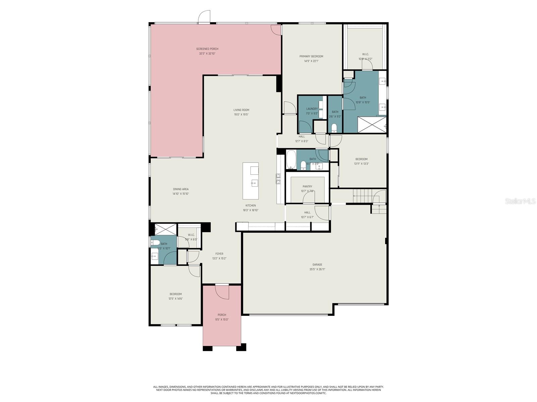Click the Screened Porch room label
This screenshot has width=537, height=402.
pyautogui.click(x=207, y=49)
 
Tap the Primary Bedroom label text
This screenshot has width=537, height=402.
pyautogui.click(x=311, y=56)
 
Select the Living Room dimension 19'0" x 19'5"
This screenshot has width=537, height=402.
pyautogui.click(x=241, y=115)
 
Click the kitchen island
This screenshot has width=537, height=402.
pyautogui.click(x=251, y=181)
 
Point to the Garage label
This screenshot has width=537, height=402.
pyautogui.click(x=317, y=265)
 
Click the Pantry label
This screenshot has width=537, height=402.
pyautogui.click(x=307, y=187)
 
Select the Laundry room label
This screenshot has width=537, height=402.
pyautogui.click(x=312, y=109)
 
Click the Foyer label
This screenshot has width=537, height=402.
pyautogui.click(x=219, y=254)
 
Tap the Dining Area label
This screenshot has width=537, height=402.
pyautogui.click(x=181, y=189)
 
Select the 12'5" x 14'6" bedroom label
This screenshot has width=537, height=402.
pyautogui.click(x=176, y=294)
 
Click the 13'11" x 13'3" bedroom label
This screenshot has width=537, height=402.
pyautogui.click(x=361, y=159)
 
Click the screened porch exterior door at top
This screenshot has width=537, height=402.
pyautogui.click(x=204, y=17)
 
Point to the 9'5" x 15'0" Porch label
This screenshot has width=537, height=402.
pyautogui.click(x=222, y=315)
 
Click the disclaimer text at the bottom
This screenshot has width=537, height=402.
pyautogui.click(x=268, y=390)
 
